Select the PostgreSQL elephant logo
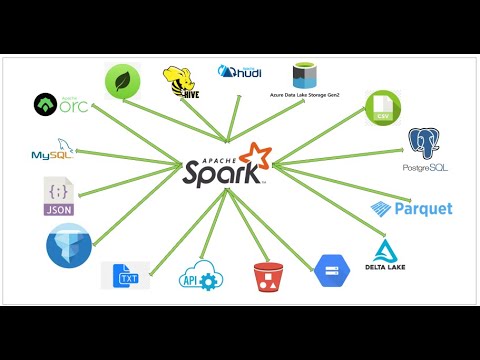click(x=424, y=143)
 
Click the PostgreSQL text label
click(x=424, y=167)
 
